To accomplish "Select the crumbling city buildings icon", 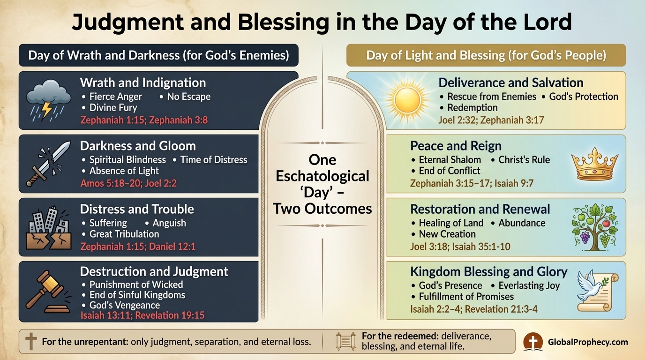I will [x=48, y=227].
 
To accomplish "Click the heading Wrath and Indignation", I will [x=143, y=83].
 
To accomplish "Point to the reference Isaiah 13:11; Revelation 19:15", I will [x=142, y=315].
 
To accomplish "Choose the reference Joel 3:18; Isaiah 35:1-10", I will [x=460, y=247].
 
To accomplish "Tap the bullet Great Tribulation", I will [x=124, y=234].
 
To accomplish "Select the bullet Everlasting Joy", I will [x=529, y=285].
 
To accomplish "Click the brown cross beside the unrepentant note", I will [x=31, y=341].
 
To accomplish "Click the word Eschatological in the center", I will [x=322, y=176].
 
